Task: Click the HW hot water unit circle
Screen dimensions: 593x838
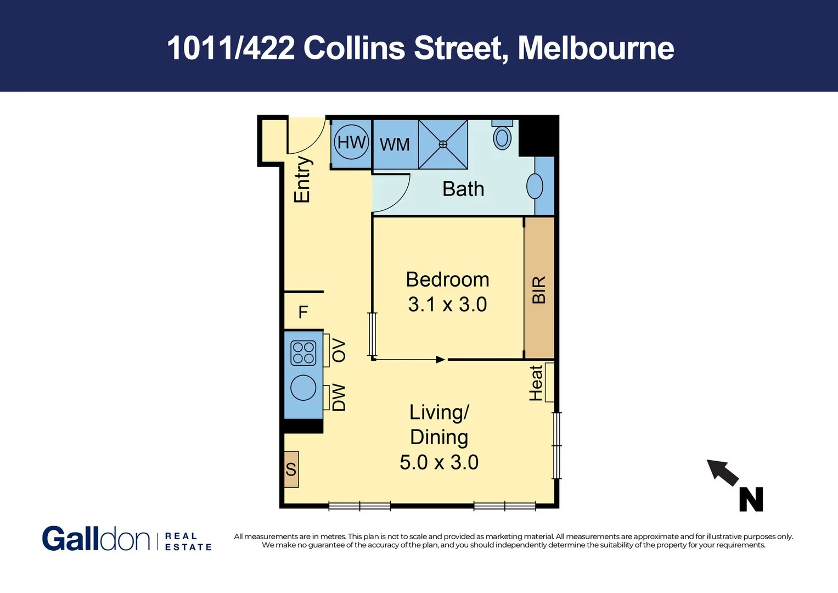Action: (x=351, y=142)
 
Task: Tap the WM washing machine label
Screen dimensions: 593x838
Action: (x=395, y=144)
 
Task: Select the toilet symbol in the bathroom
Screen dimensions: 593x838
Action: (x=502, y=137)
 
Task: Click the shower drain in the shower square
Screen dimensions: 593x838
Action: (x=443, y=144)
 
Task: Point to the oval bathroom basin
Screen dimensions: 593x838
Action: (x=535, y=187)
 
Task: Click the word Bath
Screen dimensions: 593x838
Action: (x=463, y=189)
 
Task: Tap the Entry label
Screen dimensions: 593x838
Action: (x=302, y=180)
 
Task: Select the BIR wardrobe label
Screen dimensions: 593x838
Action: (x=539, y=289)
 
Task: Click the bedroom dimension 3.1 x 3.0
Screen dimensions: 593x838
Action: (x=447, y=304)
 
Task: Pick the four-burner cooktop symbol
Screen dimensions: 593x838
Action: (x=303, y=353)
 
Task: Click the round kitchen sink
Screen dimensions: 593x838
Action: (x=303, y=388)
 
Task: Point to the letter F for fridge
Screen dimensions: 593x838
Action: (x=303, y=312)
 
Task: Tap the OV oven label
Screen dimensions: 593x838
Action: (x=339, y=350)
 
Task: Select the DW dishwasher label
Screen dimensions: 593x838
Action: (x=339, y=397)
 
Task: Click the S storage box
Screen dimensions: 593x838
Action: (x=291, y=469)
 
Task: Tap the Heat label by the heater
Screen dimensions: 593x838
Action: (x=536, y=383)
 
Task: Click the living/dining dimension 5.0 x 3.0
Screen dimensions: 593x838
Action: (x=438, y=462)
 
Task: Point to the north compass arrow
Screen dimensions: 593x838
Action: (x=723, y=473)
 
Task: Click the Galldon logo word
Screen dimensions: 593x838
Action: (x=95, y=539)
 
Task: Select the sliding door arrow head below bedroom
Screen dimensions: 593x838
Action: (x=441, y=360)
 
